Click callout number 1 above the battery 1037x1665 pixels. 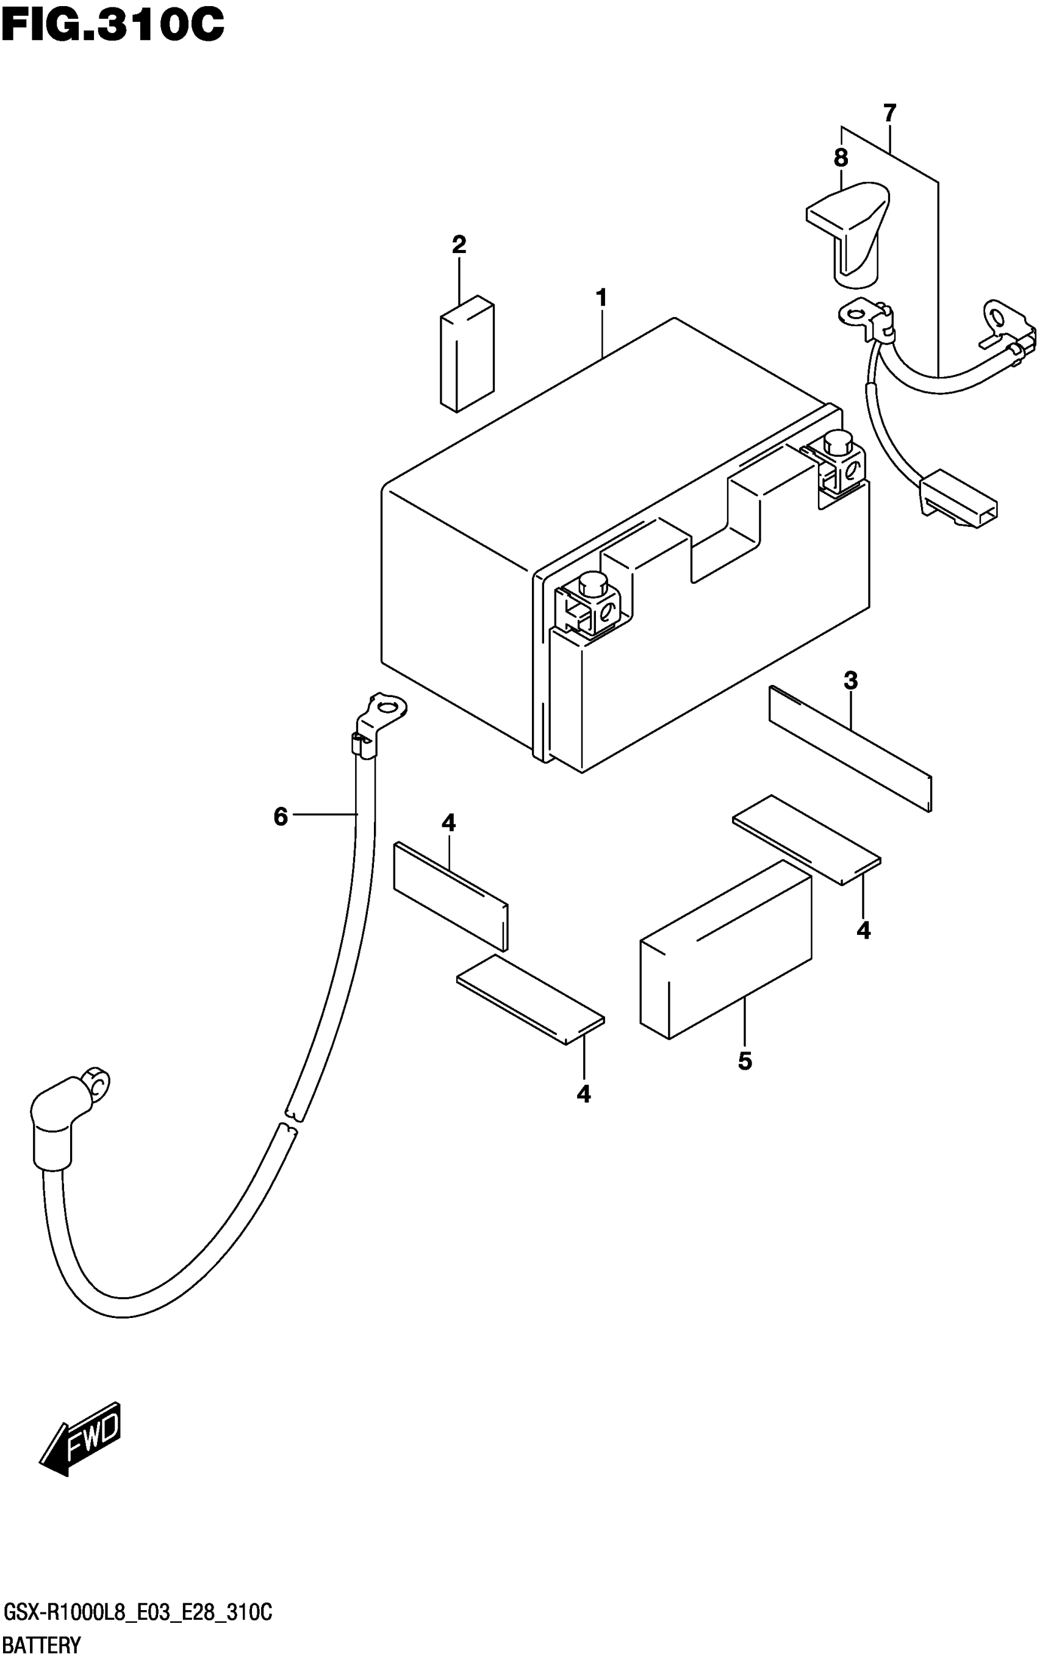pyautogui.click(x=601, y=298)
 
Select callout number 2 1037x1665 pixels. pyautogui.click(x=459, y=245)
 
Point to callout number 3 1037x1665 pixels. pyautogui.click(x=850, y=681)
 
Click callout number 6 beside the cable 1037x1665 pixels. pyautogui.click(x=281, y=817)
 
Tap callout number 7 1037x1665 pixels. pyautogui.click(x=889, y=112)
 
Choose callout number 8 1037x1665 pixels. pyautogui.click(x=841, y=159)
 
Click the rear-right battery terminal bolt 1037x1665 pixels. pyautogui.click(x=836, y=442)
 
